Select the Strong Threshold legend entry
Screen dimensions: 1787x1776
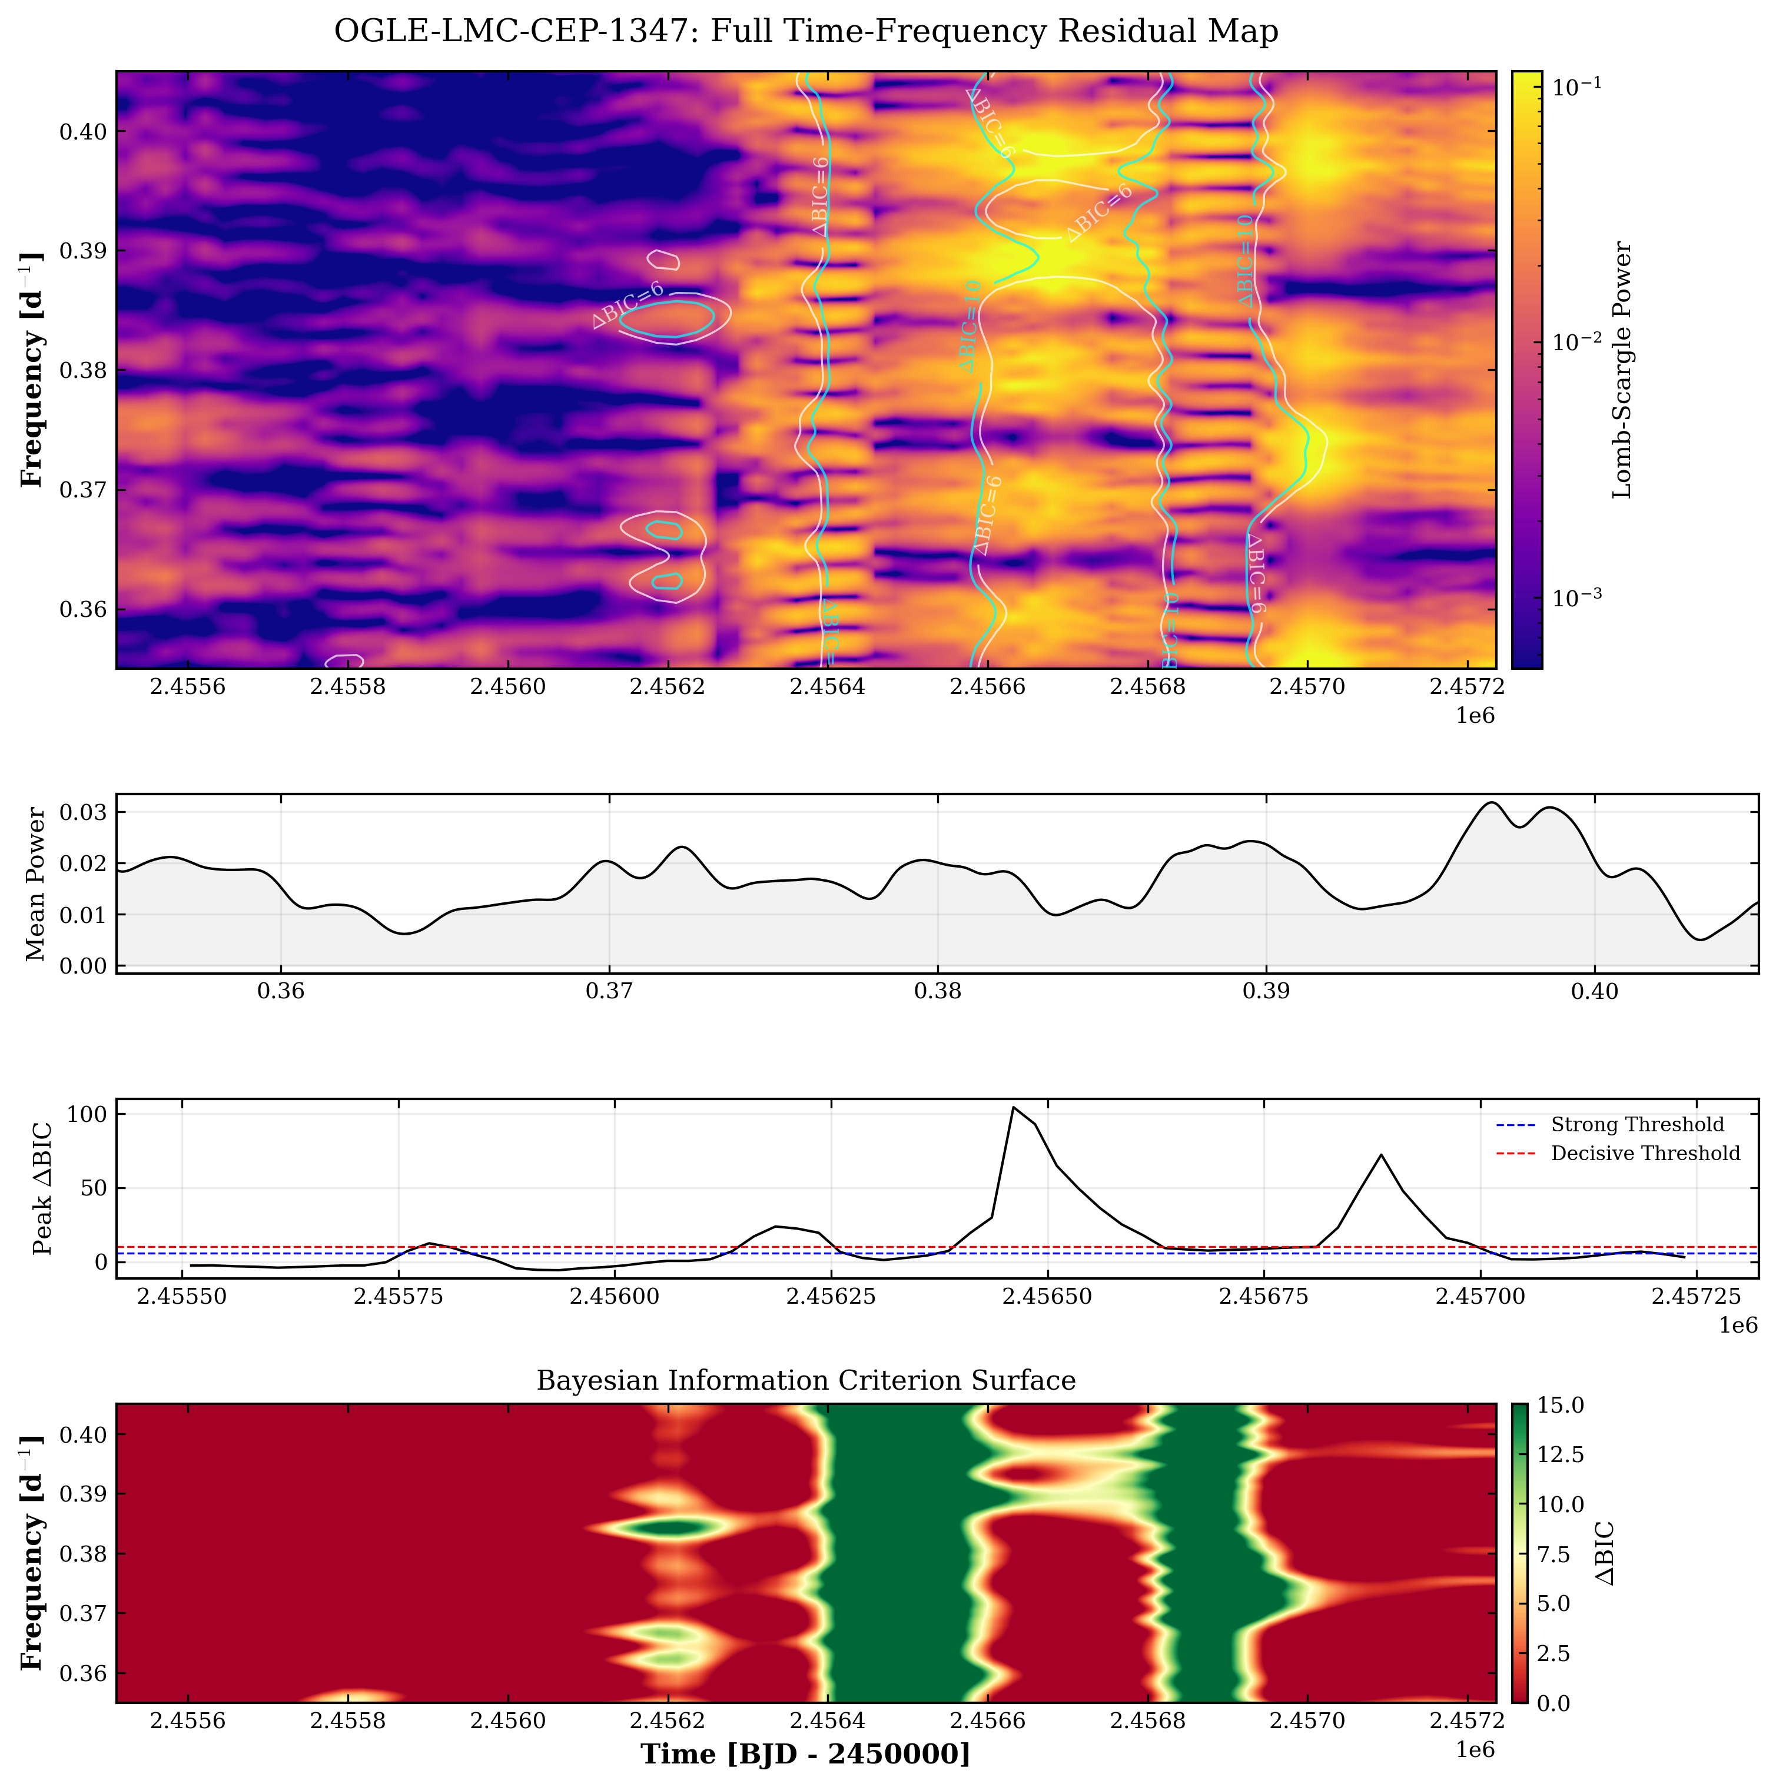[x=1637, y=1125]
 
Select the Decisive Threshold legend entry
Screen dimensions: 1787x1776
[x=1645, y=1154]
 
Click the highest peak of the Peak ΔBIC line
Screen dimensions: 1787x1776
[x=1014, y=1107]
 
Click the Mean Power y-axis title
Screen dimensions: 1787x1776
[x=36, y=883]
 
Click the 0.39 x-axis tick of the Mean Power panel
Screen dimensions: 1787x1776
[x=1266, y=992]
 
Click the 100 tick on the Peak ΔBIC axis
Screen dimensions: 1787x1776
[x=86, y=1115]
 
